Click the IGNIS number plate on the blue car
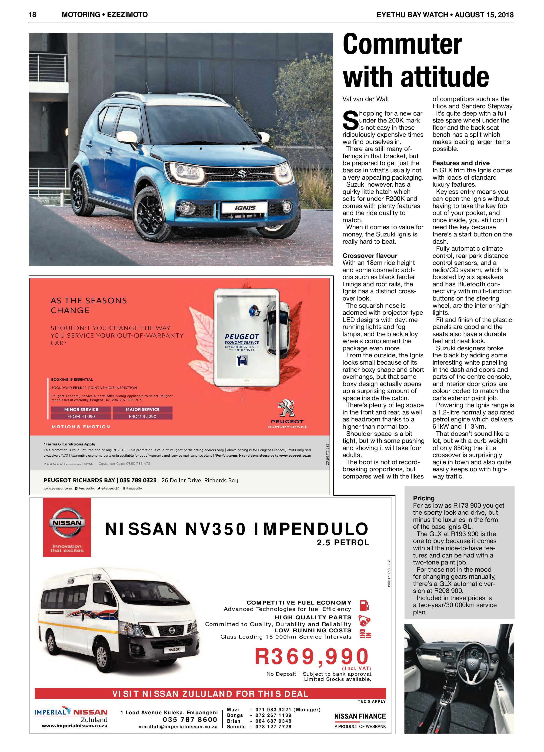pyautogui.click(x=245, y=208)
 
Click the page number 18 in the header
pyautogui.click(x=33, y=15)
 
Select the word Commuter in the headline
pyautogui.click(x=402, y=45)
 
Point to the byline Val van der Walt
pyautogui.click(x=366, y=99)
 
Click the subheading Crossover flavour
pyautogui.click(x=370, y=256)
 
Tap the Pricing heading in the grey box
pyautogui.click(x=424, y=498)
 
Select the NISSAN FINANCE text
pyautogui.click(x=360, y=716)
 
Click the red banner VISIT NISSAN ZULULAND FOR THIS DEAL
pyautogui.click(x=210, y=694)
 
